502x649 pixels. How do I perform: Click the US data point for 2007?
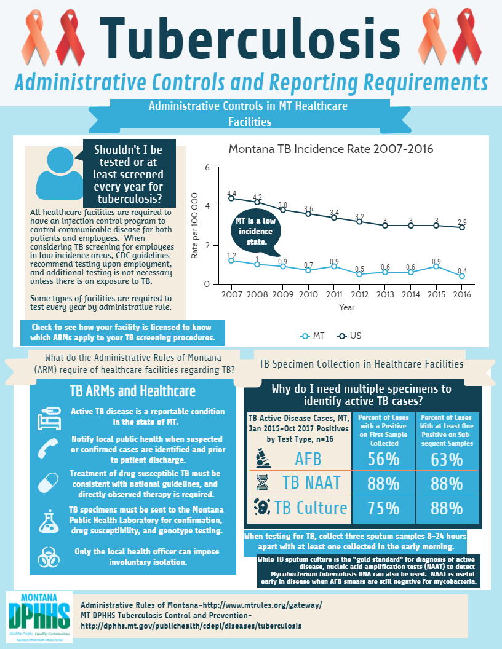point(231,198)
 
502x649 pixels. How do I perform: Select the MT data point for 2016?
point(461,276)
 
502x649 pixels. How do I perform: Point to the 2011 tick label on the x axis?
point(334,294)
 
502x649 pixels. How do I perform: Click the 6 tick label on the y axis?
point(207,167)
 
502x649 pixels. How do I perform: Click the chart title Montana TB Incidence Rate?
point(331,149)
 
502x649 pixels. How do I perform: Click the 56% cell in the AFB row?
point(383,459)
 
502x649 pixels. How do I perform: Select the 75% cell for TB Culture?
point(383,508)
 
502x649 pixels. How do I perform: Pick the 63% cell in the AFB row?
point(447,459)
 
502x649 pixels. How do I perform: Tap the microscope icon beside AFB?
point(261,458)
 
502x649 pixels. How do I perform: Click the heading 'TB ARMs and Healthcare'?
point(133,391)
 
